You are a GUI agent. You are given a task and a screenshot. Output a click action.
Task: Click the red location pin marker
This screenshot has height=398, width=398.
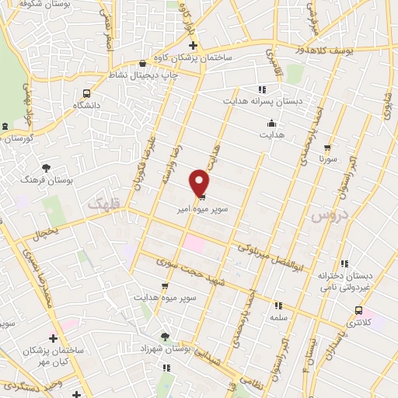[200, 182]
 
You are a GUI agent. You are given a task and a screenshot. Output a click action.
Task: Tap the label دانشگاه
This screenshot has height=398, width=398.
[87, 105]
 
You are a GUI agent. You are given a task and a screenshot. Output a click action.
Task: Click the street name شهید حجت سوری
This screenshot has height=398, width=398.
[183, 274]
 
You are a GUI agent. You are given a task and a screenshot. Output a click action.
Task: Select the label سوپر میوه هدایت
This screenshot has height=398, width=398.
[165, 298]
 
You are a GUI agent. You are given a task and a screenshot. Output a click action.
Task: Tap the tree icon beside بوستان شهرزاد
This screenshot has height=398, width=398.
[165, 335]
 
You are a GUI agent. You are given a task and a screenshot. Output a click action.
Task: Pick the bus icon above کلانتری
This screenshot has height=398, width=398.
[358, 309]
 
